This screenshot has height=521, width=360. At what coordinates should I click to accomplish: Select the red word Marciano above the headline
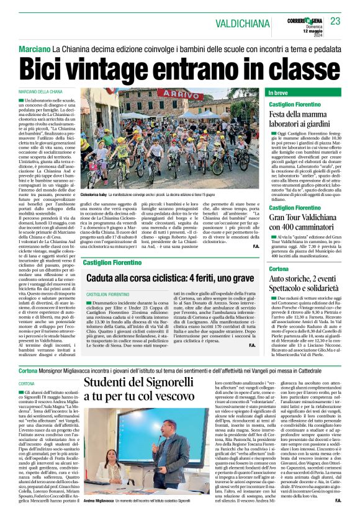click(34, 48)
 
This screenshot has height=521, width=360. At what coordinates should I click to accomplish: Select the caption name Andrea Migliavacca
click(97, 517)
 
